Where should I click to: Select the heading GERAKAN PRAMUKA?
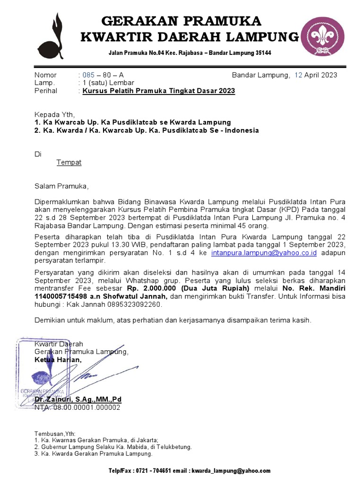coord(181,21)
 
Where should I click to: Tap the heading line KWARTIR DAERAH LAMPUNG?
coord(190,37)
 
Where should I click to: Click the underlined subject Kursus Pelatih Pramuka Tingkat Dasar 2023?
coord(158,91)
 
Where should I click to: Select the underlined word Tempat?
coord(69,163)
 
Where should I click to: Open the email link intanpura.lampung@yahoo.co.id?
coord(264,253)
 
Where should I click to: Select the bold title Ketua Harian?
coord(58,360)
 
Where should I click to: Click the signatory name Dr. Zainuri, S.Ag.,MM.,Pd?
coord(78,399)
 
